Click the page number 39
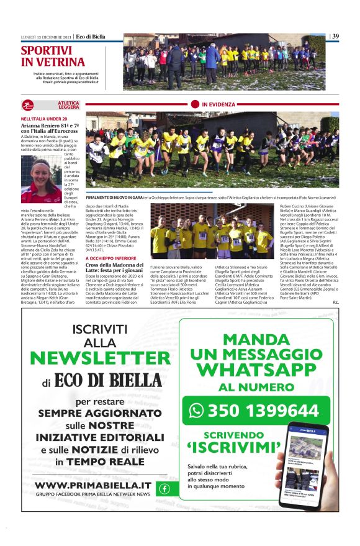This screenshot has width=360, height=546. (x=335, y=36)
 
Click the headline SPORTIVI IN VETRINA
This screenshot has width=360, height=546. (x=53, y=57)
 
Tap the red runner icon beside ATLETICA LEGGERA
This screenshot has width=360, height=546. (x=30, y=106)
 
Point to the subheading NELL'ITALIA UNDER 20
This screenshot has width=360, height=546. (x=44, y=119)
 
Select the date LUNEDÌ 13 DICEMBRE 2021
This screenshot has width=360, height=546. (x=46, y=36)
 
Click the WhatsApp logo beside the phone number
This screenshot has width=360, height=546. (x=197, y=411)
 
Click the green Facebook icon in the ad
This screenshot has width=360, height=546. (x=164, y=488)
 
